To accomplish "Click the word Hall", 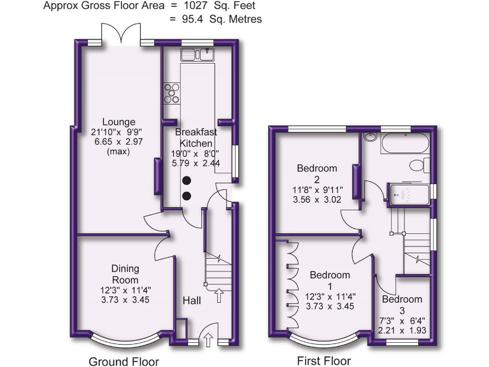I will click(x=194, y=300).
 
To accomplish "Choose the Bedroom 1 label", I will click(x=329, y=281).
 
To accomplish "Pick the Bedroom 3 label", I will click(x=402, y=305).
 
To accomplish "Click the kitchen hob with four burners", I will click(x=172, y=94).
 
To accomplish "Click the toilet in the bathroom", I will click(x=418, y=165).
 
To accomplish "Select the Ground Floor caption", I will click(x=124, y=361).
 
